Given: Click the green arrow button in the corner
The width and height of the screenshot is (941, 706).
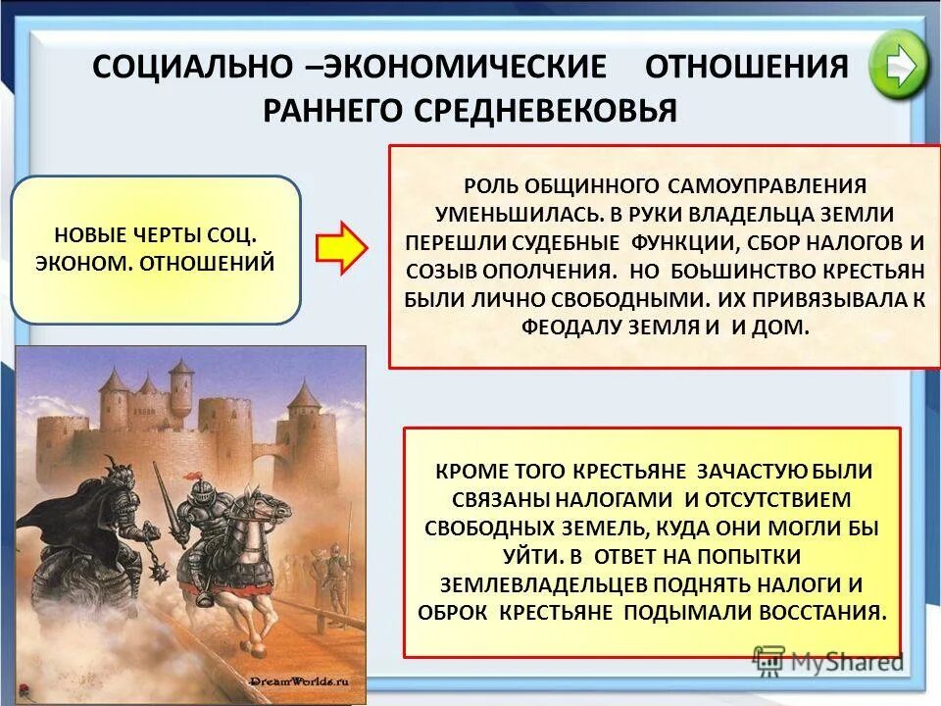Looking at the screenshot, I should tap(898, 64).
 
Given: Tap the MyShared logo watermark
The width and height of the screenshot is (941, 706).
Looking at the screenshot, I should tap(828, 661).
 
